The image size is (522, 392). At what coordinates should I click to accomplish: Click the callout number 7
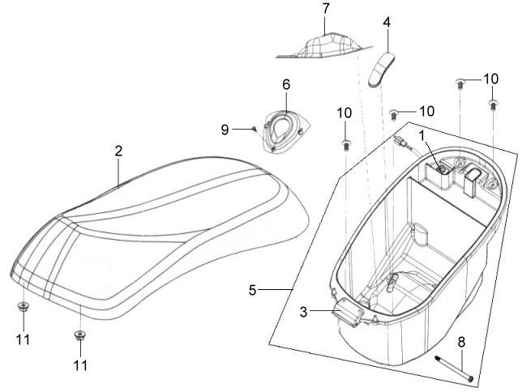pyautogui.click(x=325, y=9)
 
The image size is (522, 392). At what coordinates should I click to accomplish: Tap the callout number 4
pyautogui.click(x=387, y=22)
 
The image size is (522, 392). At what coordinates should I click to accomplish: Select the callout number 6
pyautogui.click(x=286, y=84)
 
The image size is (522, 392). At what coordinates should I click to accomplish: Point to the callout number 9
pyautogui.click(x=225, y=130)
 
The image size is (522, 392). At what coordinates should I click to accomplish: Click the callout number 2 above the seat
pyautogui.click(x=118, y=151)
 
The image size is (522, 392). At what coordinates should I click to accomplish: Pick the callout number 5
pyautogui.click(x=253, y=290)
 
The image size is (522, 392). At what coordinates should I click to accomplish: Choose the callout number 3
pyautogui.click(x=303, y=312)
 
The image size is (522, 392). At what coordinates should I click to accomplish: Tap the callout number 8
pyautogui.click(x=461, y=342)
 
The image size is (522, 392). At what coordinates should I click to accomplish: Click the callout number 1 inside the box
pyautogui.click(x=422, y=136)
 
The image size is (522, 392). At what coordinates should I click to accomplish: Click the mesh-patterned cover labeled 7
pyautogui.click(x=324, y=46)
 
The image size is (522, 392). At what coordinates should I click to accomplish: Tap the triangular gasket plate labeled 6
pyautogui.click(x=286, y=130)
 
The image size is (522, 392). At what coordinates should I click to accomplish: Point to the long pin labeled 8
pyautogui.click(x=454, y=369)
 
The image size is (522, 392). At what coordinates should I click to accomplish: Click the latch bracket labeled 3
pyautogui.click(x=348, y=312)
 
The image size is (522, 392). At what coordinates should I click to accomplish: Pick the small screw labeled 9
pyautogui.click(x=255, y=128)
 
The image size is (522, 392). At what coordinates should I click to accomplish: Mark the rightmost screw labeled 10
pyautogui.click(x=493, y=104)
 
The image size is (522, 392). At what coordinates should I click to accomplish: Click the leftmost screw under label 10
pyautogui.click(x=346, y=146)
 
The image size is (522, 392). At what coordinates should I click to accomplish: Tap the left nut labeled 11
pyautogui.click(x=23, y=307)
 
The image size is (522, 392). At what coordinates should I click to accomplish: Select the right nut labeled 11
pyautogui.click(x=79, y=335)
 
